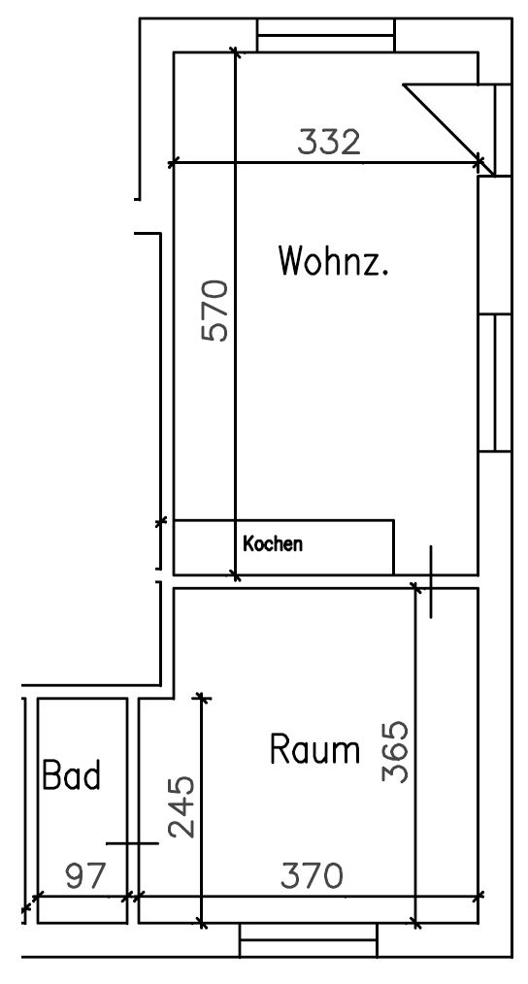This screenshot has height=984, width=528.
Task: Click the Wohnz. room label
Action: (333, 261)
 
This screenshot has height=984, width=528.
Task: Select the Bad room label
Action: (71, 776)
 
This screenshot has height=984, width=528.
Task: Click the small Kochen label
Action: (273, 544)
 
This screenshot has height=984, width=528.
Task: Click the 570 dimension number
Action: (214, 310)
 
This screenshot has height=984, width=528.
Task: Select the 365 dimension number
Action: (394, 750)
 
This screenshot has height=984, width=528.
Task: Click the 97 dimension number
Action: (84, 876)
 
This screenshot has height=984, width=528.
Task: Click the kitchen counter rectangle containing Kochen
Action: (283, 546)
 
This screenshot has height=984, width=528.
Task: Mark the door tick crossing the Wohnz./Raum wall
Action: (430, 582)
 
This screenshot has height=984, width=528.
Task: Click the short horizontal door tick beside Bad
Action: (132, 843)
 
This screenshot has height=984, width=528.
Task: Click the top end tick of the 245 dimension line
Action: (201, 697)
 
